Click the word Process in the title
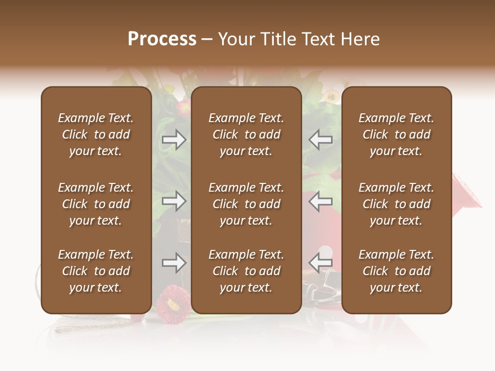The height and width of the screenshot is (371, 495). pyautogui.click(x=162, y=39)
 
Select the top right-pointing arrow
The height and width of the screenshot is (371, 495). pyautogui.click(x=174, y=140)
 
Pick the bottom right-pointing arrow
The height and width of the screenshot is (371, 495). pyautogui.click(x=174, y=263)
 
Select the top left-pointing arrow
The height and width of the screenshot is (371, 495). pyautogui.click(x=321, y=140)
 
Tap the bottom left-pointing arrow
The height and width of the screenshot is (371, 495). pyautogui.click(x=321, y=263)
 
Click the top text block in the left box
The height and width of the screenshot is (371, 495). pyautogui.click(x=96, y=134)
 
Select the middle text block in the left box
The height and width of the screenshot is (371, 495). pyautogui.click(x=96, y=204)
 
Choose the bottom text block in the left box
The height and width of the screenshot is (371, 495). pyautogui.click(x=96, y=271)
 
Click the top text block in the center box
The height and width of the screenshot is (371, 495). pyautogui.click(x=246, y=134)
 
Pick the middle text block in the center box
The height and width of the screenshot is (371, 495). pyautogui.click(x=246, y=204)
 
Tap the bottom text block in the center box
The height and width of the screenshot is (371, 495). pyautogui.click(x=246, y=271)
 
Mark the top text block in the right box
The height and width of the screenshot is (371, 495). pyautogui.click(x=397, y=134)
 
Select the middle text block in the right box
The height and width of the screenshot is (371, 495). pyautogui.click(x=397, y=204)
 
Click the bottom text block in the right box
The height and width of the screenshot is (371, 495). pyautogui.click(x=397, y=271)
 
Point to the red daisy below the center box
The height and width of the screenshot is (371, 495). pyautogui.click(x=172, y=305)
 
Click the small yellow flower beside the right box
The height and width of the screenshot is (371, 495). pyautogui.click(x=331, y=96)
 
